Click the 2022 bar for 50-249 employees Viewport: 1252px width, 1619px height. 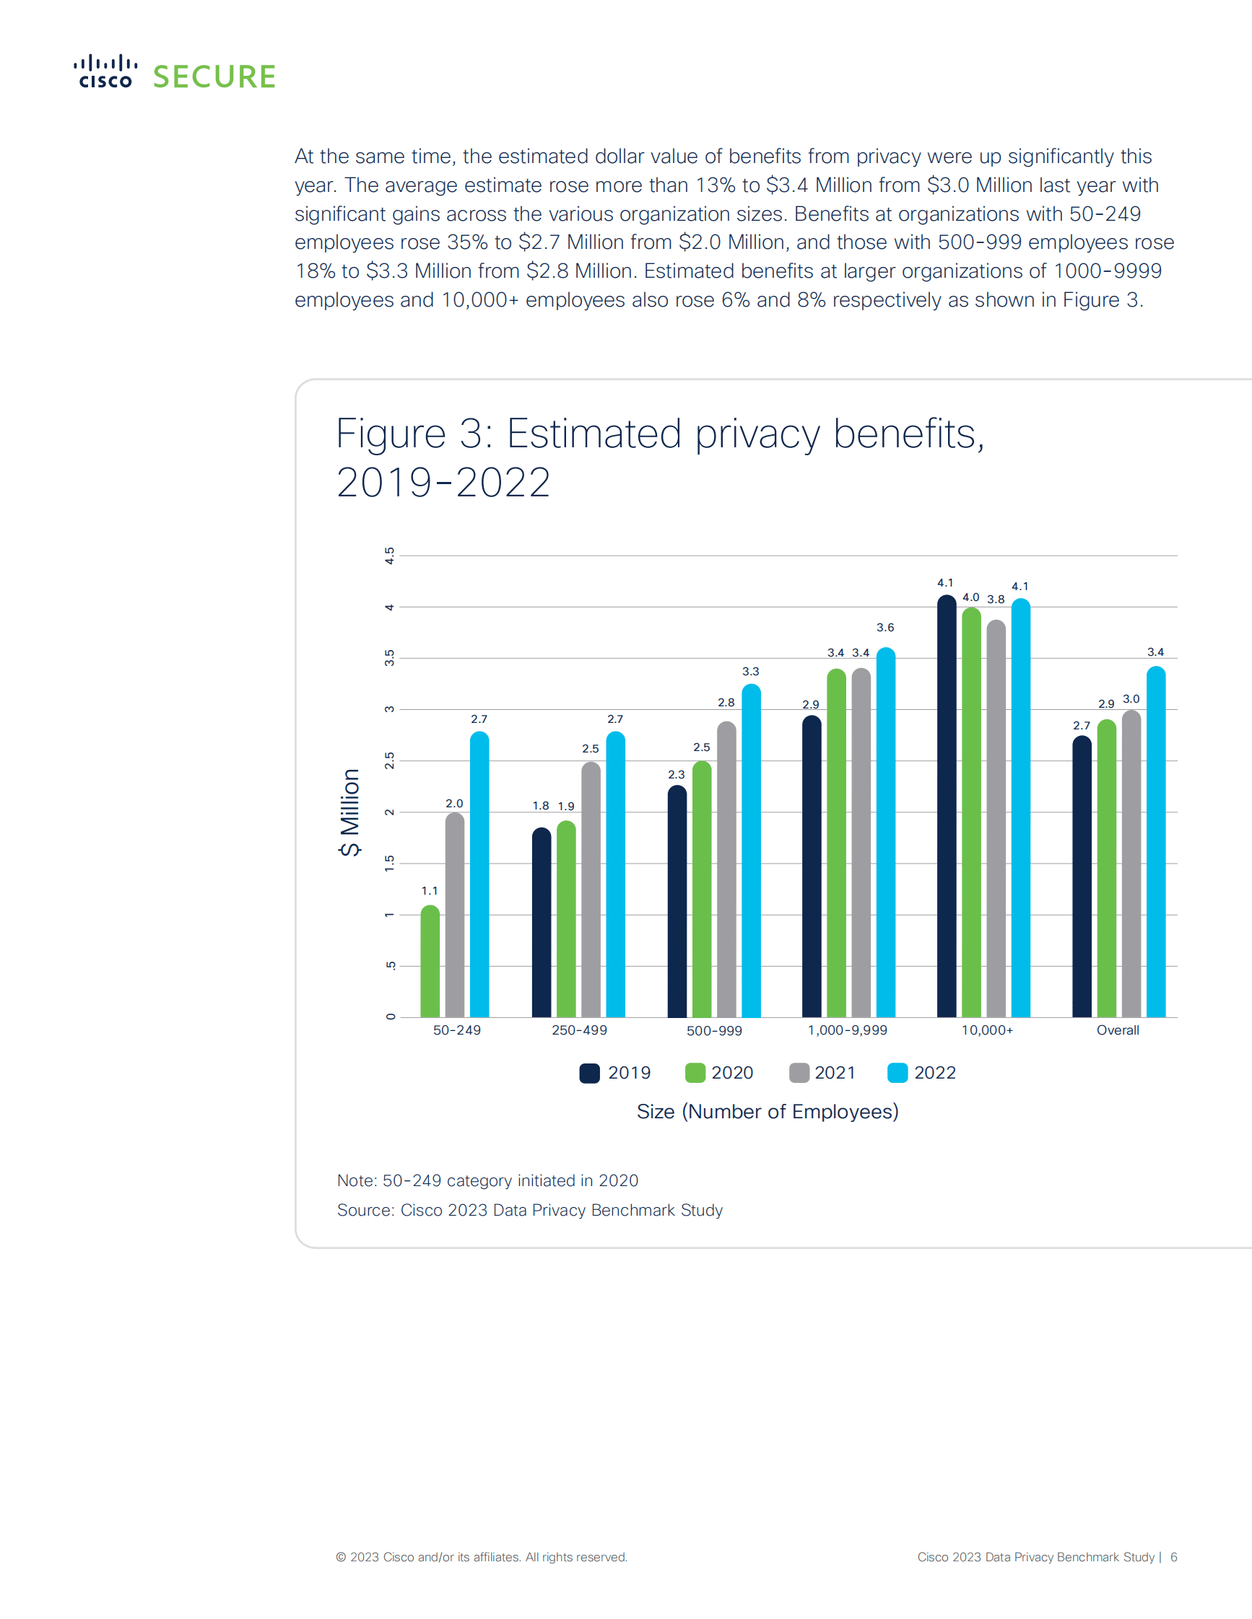(479, 874)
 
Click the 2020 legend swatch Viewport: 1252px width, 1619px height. (695, 1073)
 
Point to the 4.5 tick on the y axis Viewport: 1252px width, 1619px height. (389, 556)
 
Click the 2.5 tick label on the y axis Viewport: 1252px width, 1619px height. (389, 760)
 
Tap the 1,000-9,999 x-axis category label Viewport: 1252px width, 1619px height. (847, 1030)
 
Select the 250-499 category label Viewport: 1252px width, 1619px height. (579, 1030)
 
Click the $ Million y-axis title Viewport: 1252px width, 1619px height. (349, 812)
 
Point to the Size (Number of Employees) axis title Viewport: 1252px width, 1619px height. (768, 1112)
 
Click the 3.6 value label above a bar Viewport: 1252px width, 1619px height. (885, 628)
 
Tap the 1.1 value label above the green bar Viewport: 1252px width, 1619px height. (430, 891)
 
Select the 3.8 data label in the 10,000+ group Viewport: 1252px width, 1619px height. (996, 600)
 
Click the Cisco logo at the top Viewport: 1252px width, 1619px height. (105, 72)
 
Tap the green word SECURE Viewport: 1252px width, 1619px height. (214, 77)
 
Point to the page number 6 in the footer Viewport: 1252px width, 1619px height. (1173, 1557)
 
